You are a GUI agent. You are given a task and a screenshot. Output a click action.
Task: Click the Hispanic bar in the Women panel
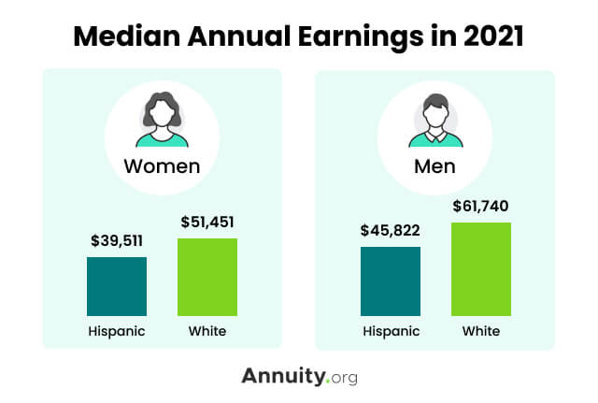117,286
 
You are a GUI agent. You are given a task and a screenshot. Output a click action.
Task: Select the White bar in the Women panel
207,277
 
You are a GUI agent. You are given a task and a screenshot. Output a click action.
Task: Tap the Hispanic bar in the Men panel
391,281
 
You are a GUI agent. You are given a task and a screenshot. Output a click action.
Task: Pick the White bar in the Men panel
481,269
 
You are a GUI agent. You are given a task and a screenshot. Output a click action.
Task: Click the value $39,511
117,240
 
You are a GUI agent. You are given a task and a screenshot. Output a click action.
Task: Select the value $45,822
391,230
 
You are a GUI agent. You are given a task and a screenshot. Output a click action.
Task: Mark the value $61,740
481,206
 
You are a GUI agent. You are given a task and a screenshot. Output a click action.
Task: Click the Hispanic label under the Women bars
117,331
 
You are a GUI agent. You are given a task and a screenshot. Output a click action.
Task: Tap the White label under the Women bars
207,331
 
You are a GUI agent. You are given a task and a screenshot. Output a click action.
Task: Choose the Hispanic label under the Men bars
391,331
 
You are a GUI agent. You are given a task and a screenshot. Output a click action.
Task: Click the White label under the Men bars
481,331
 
